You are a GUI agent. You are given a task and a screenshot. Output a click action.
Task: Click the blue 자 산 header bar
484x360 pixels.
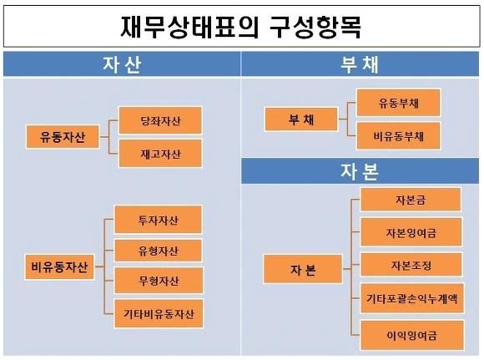pyautogui.click(x=122, y=64)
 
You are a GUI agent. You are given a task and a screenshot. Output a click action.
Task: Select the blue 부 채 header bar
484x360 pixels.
pyautogui.click(x=360, y=64)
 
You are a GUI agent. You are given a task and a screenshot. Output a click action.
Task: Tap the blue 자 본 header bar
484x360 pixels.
pyautogui.click(x=360, y=171)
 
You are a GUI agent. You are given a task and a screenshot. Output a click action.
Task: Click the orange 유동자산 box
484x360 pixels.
pyautogui.click(x=63, y=137)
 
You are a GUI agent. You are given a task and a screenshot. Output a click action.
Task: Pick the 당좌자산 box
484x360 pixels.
pyautogui.click(x=160, y=120)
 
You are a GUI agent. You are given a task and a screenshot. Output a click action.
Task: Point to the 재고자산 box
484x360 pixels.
pyautogui.click(x=160, y=153)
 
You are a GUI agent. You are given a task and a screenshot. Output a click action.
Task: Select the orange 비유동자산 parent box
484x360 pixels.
pyautogui.click(x=59, y=267)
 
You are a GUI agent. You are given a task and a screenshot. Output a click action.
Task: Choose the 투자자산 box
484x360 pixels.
pyautogui.click(x=159, y=220)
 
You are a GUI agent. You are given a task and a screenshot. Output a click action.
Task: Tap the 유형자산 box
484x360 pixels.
pyautogui.click(x=159, y=251)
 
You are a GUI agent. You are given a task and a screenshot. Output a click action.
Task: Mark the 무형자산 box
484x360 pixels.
pyautogui.click(x=159, y=281)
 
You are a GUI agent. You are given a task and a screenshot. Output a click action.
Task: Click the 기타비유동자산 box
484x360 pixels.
pyautogui.click(x=159, y=313)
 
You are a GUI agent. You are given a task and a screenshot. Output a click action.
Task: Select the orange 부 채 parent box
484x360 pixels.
pyautogui.click(x=301, y=119)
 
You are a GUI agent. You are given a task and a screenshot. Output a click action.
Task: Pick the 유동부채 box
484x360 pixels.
pyautogui.click(x=399, y=103)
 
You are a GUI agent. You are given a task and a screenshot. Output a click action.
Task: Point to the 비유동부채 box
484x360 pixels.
pyautogui.click(x=399, y=135)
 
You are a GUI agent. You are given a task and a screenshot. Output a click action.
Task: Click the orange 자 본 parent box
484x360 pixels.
pyautogui.click(x=303, y=269)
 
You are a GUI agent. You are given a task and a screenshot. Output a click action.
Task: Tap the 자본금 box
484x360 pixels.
pyautogui.click(x=411, y=200)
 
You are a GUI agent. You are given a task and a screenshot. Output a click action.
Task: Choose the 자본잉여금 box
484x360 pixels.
pyautogui.click(x=411, y=232)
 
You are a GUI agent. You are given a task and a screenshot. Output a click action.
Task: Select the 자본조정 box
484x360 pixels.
pyautogui.click(x=411, y=265)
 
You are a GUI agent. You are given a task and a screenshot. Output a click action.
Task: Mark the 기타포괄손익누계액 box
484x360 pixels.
pyautogui.click(x=412, y=298)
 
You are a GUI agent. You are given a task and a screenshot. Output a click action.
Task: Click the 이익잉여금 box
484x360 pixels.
pyautogui.click(x=412, y=335)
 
